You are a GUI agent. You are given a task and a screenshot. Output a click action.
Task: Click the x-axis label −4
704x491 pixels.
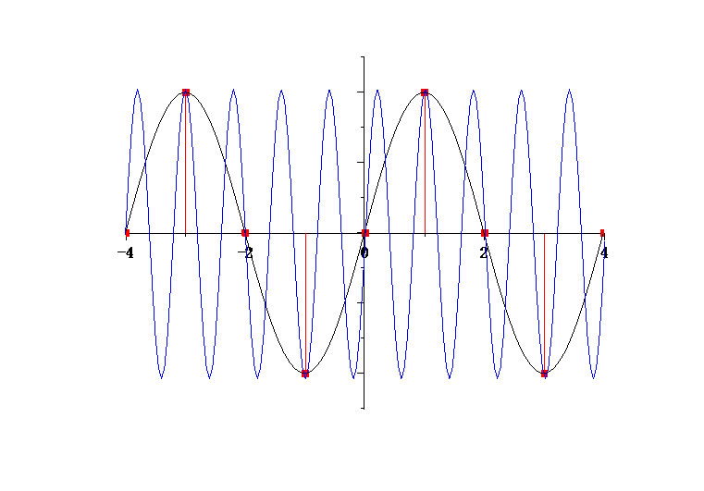[x=126, y=253]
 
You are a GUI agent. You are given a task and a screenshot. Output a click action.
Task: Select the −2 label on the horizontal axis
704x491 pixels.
[x=245, y=253]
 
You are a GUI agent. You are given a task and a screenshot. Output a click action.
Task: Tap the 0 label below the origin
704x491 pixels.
[x=364, y=253]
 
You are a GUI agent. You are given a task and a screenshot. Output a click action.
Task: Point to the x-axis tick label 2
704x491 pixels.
[x=484, y=253]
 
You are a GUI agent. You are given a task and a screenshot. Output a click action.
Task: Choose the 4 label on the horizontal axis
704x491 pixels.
[x=604, y=253]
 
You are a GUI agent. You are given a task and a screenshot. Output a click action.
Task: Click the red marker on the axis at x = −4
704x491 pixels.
[x=128, y=233]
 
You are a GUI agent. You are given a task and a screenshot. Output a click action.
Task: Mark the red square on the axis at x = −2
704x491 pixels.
[x=245, y=233]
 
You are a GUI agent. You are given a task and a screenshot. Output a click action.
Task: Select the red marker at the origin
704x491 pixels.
[x=365, y=233]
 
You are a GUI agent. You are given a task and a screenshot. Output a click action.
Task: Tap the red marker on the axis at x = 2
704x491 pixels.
[x=485, y=233]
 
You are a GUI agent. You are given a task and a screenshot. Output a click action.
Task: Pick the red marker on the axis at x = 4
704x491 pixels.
[x=602, y=232]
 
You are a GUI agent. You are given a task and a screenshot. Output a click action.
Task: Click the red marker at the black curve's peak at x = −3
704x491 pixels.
[x=186, y=92]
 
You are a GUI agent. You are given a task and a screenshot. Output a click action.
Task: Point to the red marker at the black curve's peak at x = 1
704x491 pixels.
[x=425, y=92]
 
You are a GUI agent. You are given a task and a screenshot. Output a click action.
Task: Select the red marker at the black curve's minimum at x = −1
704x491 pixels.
[x=305, y=374]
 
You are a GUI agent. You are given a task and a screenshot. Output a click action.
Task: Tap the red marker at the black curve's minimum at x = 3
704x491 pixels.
[x=544, y=374]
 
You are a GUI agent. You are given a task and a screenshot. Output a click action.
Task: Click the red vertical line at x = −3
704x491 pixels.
[x=185, y=163]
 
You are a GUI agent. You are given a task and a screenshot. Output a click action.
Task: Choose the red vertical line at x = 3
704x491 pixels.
[x=544, y=303]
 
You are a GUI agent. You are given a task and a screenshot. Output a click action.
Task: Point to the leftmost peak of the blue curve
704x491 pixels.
[x=138, y=90]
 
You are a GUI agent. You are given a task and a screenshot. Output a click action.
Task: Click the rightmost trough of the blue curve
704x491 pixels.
[x=594, y=378]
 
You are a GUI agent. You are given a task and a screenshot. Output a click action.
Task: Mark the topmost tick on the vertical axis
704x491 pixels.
[x=362, y=57]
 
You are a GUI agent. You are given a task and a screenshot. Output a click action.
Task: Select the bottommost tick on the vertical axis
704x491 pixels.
[x=362, y=409]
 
